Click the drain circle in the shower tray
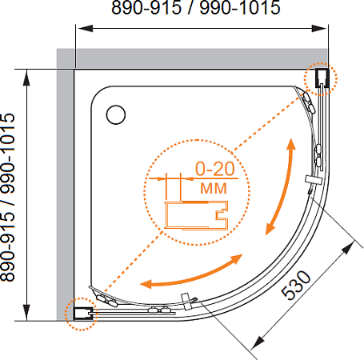pyautogui.click(x=116, y=114)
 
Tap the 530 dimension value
pyautogui.click(x=296, y=285)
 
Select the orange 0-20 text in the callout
pyautogui.click(x=215, y=169)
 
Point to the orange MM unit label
pyautogui.click(x=214, y=188)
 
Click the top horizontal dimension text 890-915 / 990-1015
pyautogui.click(x=196, y=7)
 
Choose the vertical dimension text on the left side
pyautogui.click(x=7, y=198)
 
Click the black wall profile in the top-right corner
pyautogui.click(x=322, y=78)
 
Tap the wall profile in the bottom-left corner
pyautogui.click(x=83, y=314)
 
